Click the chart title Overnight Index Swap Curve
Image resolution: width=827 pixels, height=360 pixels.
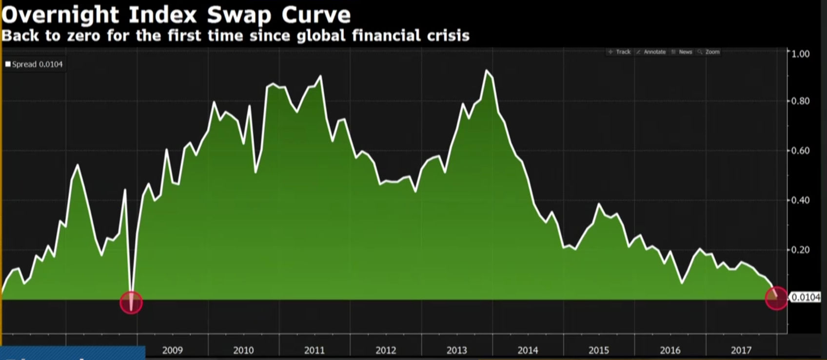[176, 15]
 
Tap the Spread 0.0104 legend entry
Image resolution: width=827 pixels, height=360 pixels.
[34, 64]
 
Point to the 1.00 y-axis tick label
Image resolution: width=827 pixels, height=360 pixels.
[800, 54]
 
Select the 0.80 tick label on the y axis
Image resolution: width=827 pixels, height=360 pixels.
[800, 101]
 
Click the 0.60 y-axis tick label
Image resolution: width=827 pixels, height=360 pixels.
[800, 151]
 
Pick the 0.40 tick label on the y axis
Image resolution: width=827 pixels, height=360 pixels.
[800, 200]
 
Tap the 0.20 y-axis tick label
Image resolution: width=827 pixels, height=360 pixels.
[800, 250]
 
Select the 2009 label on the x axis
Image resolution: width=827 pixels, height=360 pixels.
[172, 350]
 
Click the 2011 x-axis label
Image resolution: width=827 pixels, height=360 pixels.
[315, 350]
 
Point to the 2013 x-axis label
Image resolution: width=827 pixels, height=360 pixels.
[457, 350]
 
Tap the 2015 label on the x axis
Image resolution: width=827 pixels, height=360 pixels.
[599, 350]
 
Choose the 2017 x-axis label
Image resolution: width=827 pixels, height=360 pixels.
[741, 350]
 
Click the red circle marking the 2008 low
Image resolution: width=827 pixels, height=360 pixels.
[131, 302]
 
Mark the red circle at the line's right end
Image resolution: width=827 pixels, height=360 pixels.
[776, 298]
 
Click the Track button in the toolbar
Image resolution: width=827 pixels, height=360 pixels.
[620, 52]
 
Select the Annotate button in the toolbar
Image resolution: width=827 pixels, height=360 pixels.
[651, 52]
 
